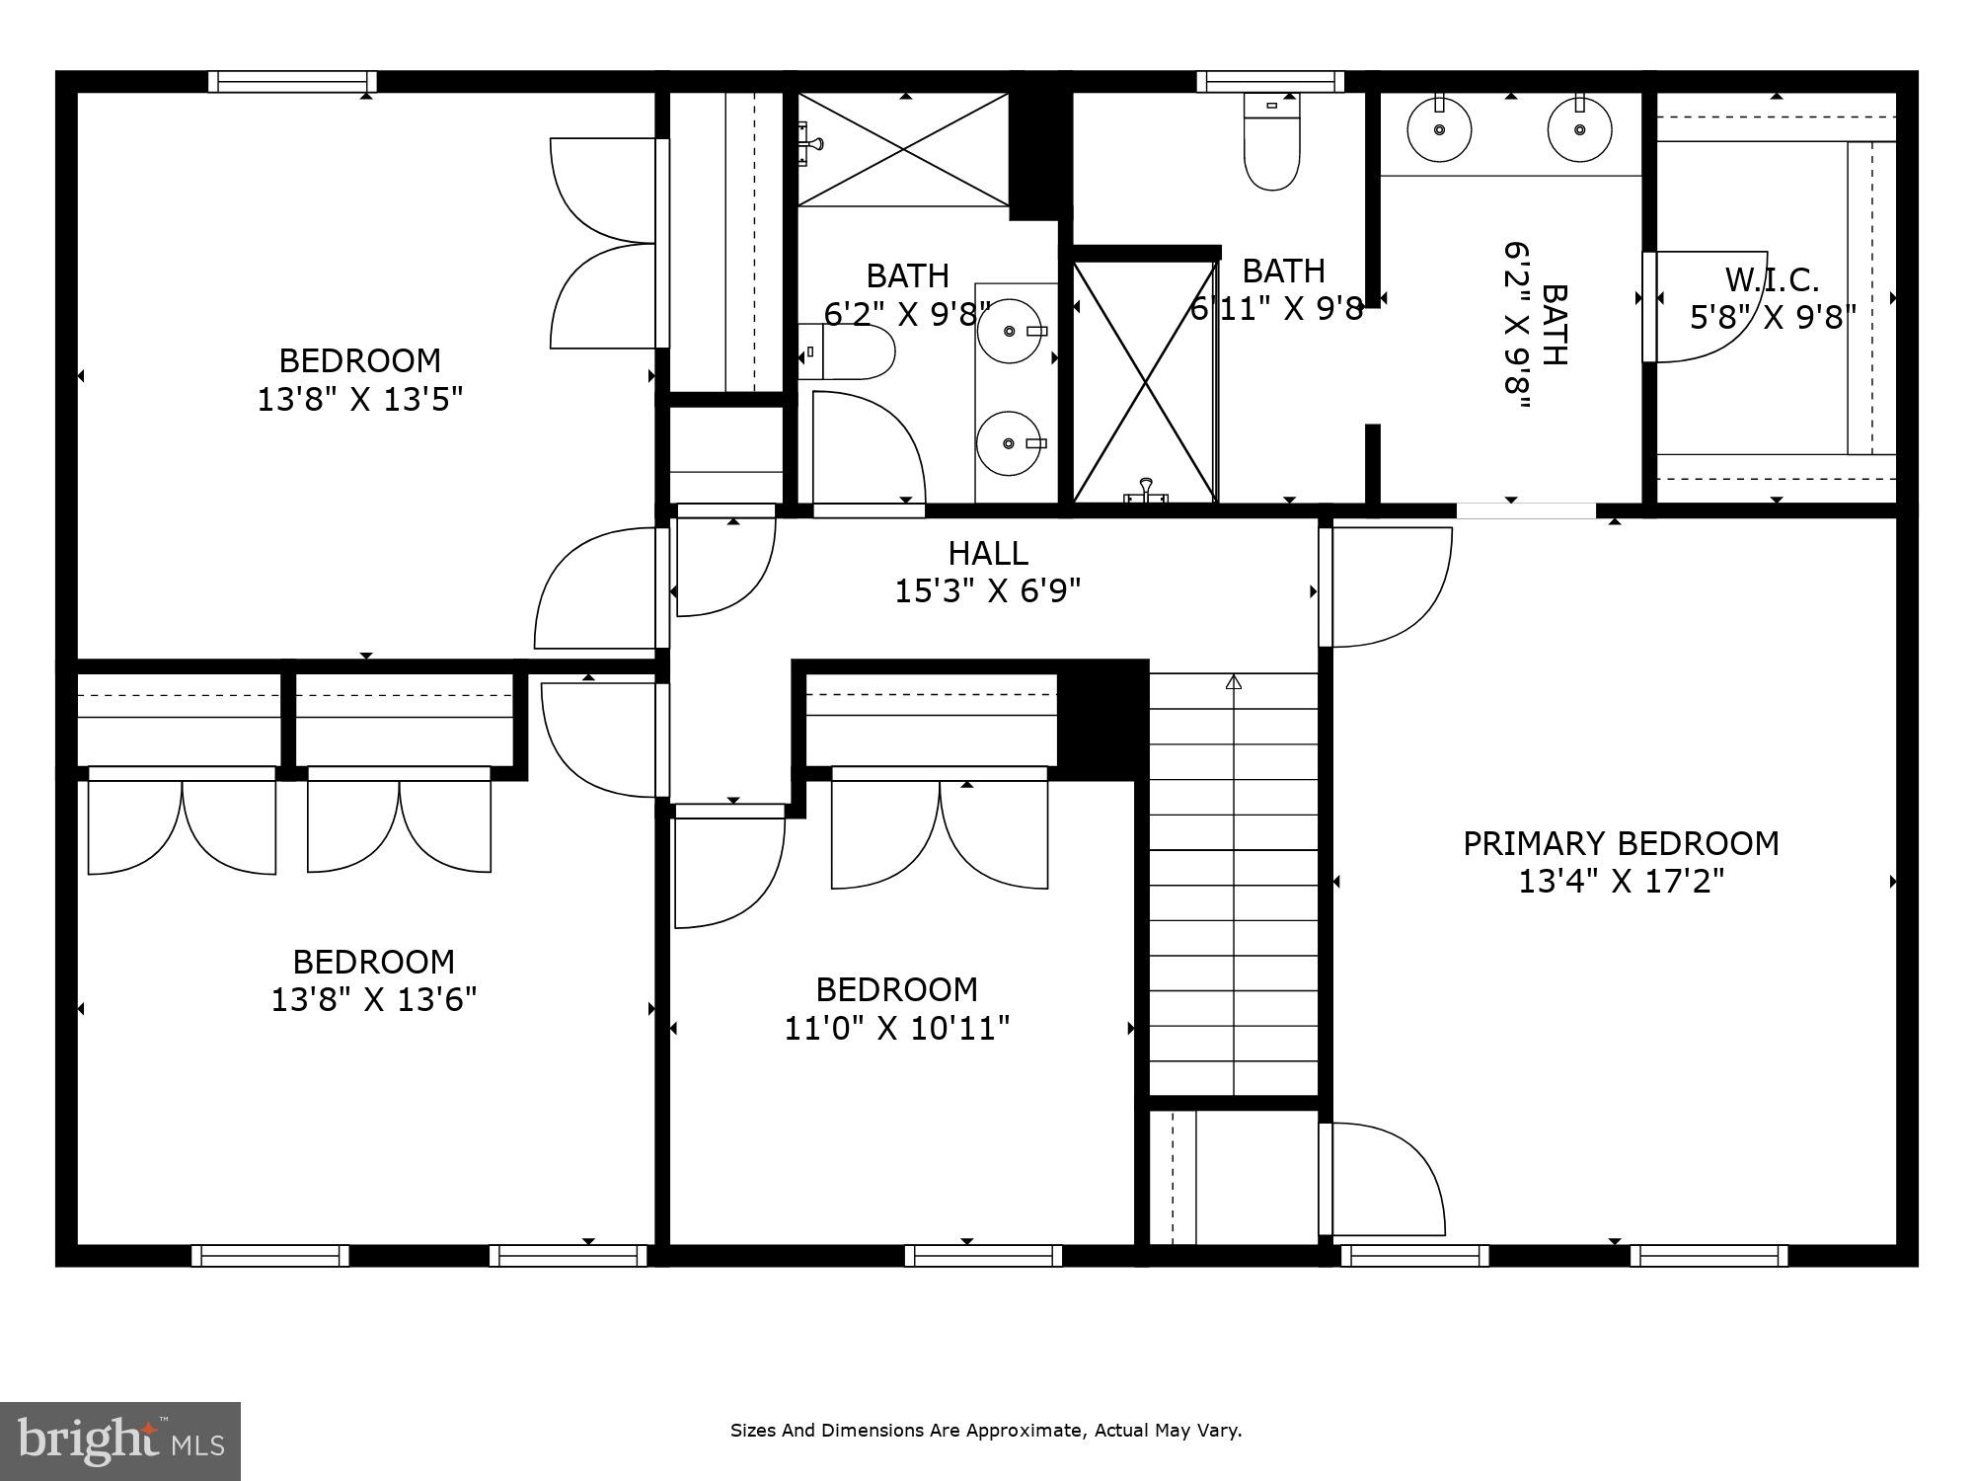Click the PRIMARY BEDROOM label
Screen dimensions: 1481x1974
[x=1620, y=843]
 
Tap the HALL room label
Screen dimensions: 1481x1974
[x=988, y=553]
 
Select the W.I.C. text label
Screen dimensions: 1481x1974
[x=1772, y=280]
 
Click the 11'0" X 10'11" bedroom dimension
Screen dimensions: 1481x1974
[x=896, y=1029]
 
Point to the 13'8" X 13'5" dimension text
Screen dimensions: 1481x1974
[x=359, y=399]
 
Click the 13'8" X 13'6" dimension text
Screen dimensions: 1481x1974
[x=373, y=999]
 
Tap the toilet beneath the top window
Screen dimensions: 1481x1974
[x=1272, y=148]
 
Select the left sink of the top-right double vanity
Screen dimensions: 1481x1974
[x=1439, y=129]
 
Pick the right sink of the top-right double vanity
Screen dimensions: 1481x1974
[x=1579, y=129]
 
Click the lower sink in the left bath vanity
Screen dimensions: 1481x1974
[x=1010, y=443]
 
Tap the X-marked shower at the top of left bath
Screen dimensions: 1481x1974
[x=903, y=149]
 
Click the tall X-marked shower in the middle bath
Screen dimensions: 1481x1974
[x=1144, y=381]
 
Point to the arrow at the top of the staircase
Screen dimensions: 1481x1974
[x=1233, y=682]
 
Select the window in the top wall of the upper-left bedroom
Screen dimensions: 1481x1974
[x=292, y=82]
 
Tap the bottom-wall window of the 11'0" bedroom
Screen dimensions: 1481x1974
[x=983, y=1255]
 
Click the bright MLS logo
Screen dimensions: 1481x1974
[x=119, y=1441]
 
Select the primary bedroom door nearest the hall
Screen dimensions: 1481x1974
[x=1387, y=586]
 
